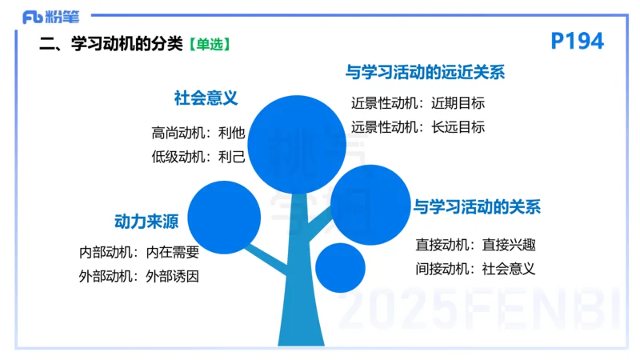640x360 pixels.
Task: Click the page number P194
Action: tap(578, 42)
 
